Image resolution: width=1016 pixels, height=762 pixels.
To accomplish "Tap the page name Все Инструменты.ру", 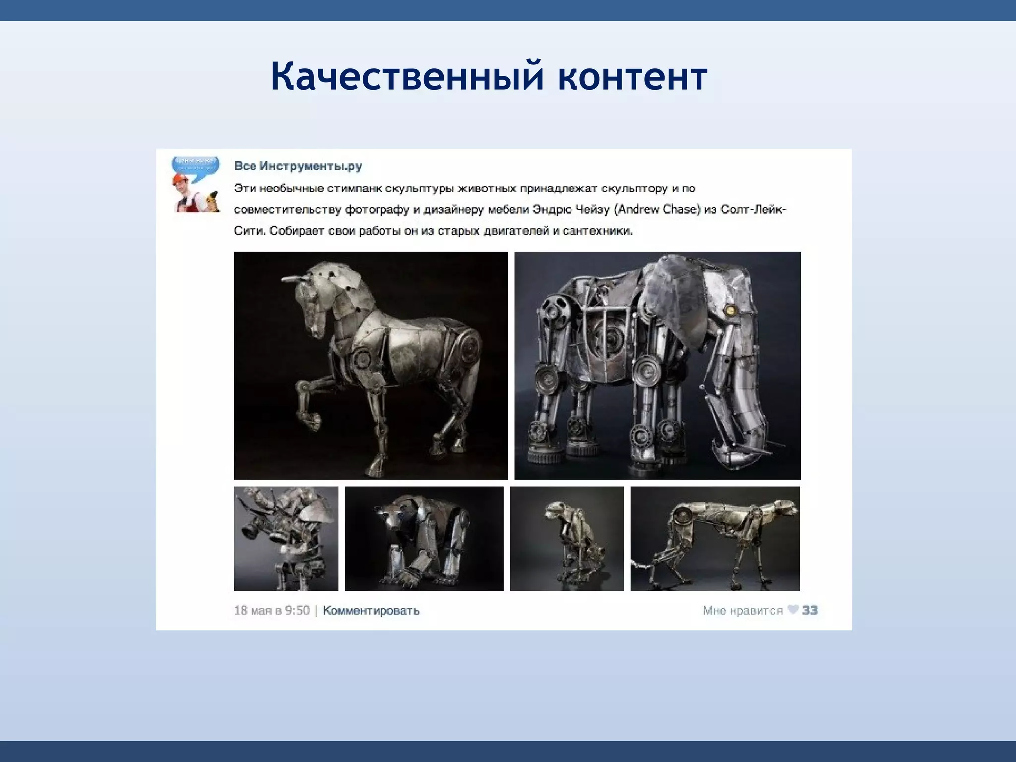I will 298,166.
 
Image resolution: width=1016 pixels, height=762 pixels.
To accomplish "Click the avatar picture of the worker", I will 196,185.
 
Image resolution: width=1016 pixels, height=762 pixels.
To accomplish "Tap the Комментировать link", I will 371,610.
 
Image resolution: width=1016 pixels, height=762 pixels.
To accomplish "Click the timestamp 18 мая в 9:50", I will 271,610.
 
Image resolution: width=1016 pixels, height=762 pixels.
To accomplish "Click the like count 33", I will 810,610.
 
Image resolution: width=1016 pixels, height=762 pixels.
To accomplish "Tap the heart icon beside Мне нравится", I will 793,609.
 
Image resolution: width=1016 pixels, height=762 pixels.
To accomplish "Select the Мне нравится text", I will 743,610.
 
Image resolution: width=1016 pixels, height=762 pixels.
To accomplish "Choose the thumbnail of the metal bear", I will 424,539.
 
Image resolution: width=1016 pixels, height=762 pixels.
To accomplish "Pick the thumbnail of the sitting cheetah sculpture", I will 567,539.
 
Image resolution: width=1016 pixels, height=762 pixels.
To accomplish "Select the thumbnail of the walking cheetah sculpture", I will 715,539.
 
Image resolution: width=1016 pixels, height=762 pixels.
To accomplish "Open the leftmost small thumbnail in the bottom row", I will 286,539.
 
